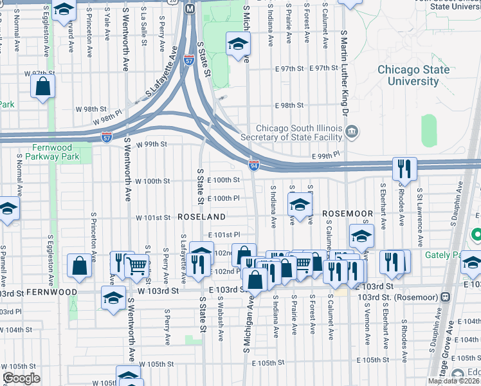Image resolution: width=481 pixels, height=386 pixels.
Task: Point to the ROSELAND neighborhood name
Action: pyautogui.click(x=201, y=217)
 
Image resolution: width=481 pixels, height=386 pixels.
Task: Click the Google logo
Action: pyautogui.click(x=21, y=378)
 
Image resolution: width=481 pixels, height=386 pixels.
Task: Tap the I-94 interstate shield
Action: pyautogui.click(x=255, y=165)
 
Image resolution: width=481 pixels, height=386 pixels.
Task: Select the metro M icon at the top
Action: pyautogui.click(x=190, y=9)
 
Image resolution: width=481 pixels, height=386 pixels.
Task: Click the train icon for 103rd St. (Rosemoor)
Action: pyautogui.click(x=445, y=297)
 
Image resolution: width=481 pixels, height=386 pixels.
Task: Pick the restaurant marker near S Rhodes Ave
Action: pyautogui.click(x=404, y=169)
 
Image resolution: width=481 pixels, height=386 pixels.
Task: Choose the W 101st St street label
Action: pyautogui.click(x=152, y=218)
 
